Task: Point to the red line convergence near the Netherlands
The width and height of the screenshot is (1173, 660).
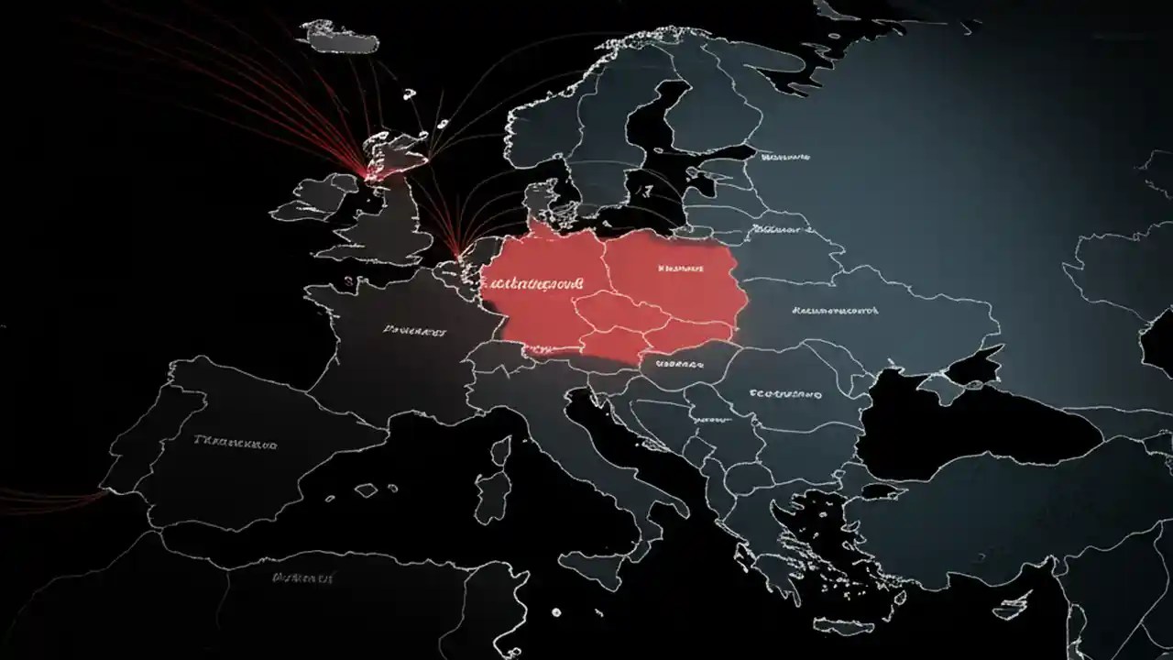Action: tap(457, 248)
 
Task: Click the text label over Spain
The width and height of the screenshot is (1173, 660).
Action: tap(236, 442)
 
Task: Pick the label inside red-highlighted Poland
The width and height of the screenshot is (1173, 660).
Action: tap(681, 269)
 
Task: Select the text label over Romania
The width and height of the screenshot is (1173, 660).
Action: tap(785, 394)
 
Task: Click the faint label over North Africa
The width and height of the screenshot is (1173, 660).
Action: tap(302, 578)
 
